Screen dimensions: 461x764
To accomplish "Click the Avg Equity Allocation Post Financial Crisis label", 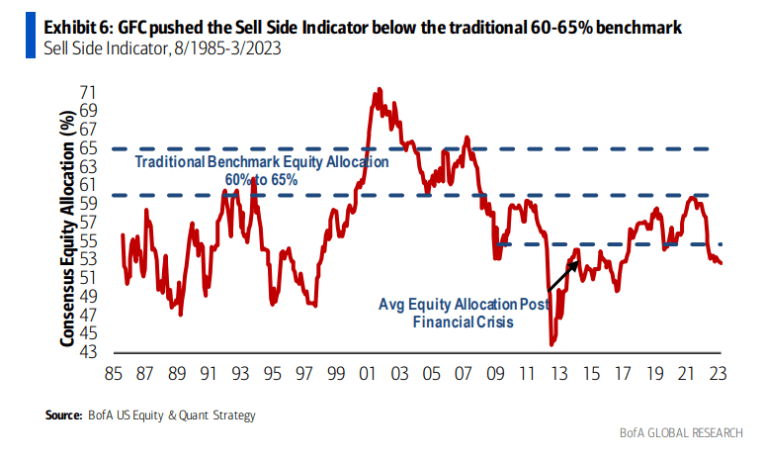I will (464, 313).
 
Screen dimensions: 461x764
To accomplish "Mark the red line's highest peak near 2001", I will (377, 90).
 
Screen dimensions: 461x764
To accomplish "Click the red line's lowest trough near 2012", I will (552, 344).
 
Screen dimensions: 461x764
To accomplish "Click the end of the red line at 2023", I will (721, 262).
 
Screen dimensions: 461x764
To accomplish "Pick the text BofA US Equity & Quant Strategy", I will (175, 415).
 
